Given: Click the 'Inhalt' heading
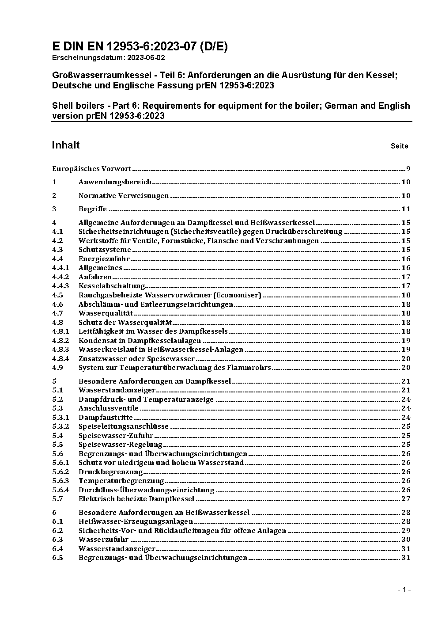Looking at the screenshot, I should coord(66,145).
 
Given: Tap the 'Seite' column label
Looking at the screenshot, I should coord(399,146).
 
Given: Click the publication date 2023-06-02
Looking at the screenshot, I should coord(146,57).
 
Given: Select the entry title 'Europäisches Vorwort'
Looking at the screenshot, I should coord(91,169).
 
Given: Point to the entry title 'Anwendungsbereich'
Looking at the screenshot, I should coord(115,182).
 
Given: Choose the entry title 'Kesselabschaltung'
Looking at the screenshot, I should coord(112,286).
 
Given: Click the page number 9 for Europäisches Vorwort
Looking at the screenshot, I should coord(408,169).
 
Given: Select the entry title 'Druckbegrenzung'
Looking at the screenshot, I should coord(110,472).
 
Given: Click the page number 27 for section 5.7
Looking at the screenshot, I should coord(406,499).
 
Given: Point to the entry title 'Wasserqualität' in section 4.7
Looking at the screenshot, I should coord(106,313).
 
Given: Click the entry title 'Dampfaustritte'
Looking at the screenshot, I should coord(106,418).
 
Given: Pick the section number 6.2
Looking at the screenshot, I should coord(57,531).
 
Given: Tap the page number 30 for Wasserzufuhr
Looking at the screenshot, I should coord(406,540).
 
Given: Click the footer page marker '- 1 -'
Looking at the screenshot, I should coord(404,590).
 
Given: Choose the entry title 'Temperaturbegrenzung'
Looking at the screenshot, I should coord(121,481).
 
